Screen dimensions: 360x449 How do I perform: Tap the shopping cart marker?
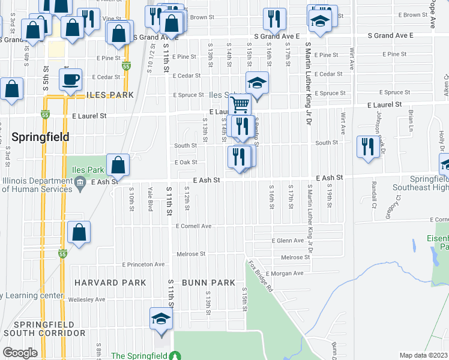coord(240,104)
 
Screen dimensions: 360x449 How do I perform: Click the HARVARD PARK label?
coord(110,282)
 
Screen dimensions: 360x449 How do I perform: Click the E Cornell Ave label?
coord(194,226)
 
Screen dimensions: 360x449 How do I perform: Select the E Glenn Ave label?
coord(288,241)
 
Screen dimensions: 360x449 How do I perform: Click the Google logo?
coord(20,353)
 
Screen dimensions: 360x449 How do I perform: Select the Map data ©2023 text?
coord(423,355)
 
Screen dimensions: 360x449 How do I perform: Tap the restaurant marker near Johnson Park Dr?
coord(367,146)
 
